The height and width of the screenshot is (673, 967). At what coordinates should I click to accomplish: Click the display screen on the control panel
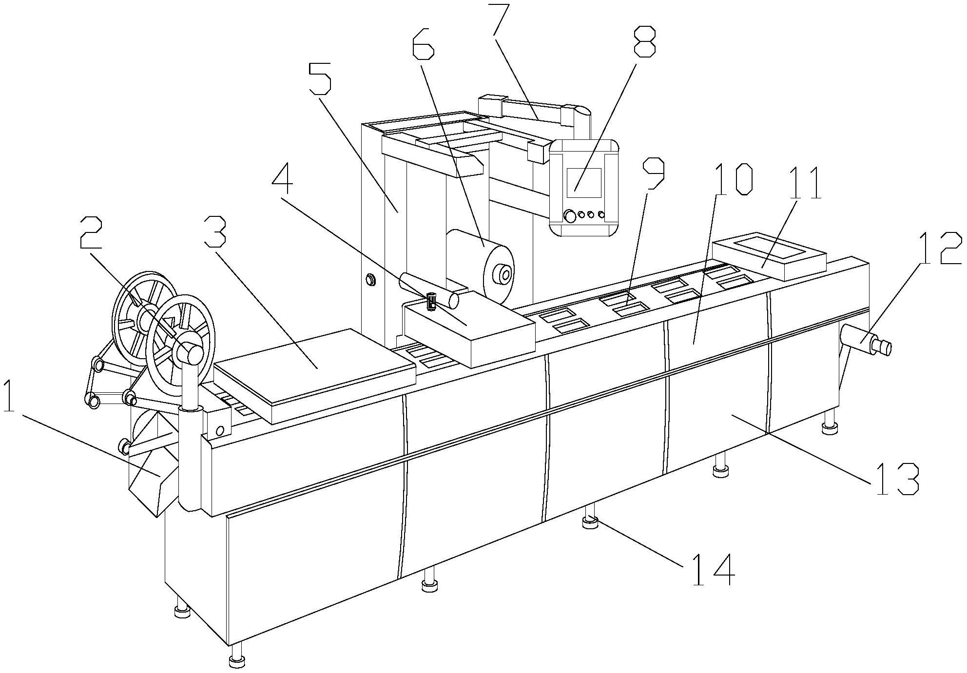(x=584, y=183)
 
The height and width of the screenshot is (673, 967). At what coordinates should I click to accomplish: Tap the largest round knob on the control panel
(x=568, y=216)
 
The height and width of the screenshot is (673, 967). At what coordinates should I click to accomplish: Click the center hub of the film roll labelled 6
(x=504, y=275)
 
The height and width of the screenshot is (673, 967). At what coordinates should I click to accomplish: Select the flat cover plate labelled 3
(x=312, y=370)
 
